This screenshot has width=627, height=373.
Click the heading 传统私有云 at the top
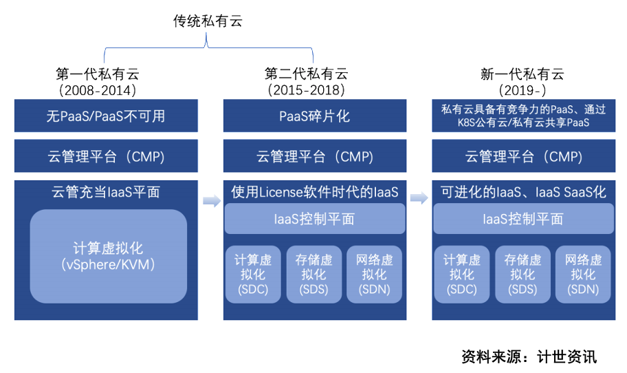(x=208, y=21)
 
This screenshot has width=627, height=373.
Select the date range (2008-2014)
(x=98, y=90)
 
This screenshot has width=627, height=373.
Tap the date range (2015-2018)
(x=307, y=90)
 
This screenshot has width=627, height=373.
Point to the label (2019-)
(x=522, y=90)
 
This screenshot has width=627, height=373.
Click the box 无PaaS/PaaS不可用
(x=106, y=116)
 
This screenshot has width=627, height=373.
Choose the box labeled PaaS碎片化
(x=315, y=116)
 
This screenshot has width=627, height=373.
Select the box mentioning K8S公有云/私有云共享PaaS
(x=523, y=116)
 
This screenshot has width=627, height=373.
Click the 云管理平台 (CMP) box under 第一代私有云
(x=106, y=156)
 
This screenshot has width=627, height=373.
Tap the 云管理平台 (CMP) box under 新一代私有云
(x=523, y=156)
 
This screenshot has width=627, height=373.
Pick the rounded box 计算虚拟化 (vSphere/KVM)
(x=109, y=256)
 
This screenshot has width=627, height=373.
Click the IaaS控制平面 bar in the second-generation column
(x=315, y=219)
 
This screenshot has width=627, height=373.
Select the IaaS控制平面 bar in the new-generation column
(x=523, y=219)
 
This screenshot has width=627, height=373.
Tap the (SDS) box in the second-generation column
(x=314, y=274)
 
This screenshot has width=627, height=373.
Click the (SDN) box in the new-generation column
(x=583, y=274)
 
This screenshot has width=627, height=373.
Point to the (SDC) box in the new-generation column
(x=462, y=274)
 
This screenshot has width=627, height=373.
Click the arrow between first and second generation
(x=212, y=200)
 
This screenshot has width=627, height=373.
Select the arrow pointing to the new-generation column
(x=419, y=198)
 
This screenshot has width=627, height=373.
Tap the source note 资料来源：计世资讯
(x=529, y=356)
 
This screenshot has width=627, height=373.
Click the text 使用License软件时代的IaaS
(x=315, y=192)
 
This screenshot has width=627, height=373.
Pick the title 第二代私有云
(x=307, y=74)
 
